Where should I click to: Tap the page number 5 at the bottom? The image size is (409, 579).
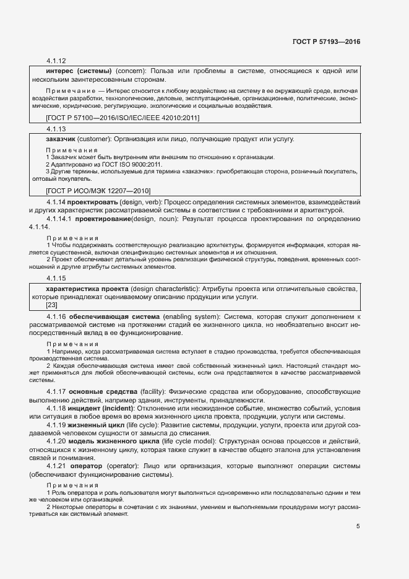pyautogui.click(x=358, y=526)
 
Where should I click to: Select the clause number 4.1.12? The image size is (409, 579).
pyautogui.click(x=56, y=61)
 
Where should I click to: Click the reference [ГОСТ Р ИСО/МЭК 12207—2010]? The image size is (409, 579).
pyautogui.click(x=98, y=191)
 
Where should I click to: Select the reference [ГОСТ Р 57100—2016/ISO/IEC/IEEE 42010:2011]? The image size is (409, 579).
pyautogui.click(x=123, y=118)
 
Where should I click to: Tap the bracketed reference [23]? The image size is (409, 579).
pyautogui.click(x=52, y=305)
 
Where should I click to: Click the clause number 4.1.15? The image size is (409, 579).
pyautogui.click(x=56, y=278)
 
